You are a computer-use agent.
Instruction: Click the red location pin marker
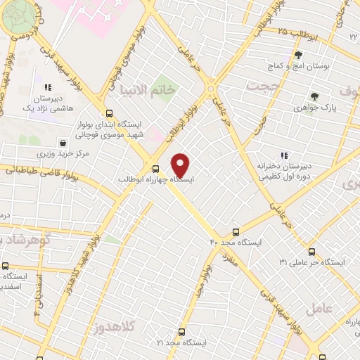[181, 165]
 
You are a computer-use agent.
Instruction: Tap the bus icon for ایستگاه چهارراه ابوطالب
[155, 168]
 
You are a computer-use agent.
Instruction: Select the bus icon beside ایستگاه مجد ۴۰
[235, 231]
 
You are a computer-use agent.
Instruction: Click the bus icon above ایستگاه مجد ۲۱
[181, 332]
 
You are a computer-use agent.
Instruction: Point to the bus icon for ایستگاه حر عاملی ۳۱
[311, 252]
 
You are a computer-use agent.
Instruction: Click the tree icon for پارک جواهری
[314, 97]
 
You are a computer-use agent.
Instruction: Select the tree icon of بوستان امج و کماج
[298, 54]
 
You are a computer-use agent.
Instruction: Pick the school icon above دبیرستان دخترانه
[284, 155]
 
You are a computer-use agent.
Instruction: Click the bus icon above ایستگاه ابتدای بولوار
[108, 113]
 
